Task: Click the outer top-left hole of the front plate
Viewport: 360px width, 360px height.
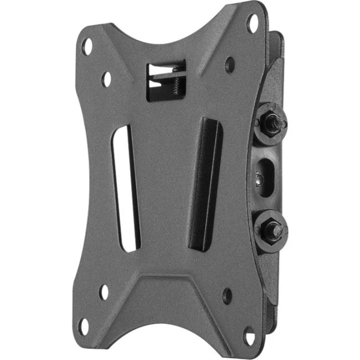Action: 87,45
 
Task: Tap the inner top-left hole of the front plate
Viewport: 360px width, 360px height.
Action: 106,79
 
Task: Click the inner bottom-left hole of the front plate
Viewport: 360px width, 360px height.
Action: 104,291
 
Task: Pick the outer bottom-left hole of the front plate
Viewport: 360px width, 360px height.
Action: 84,327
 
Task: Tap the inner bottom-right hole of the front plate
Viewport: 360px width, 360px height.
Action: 227,295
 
